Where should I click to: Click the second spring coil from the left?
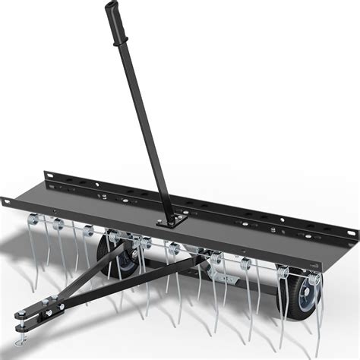click(x=57, y=223)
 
